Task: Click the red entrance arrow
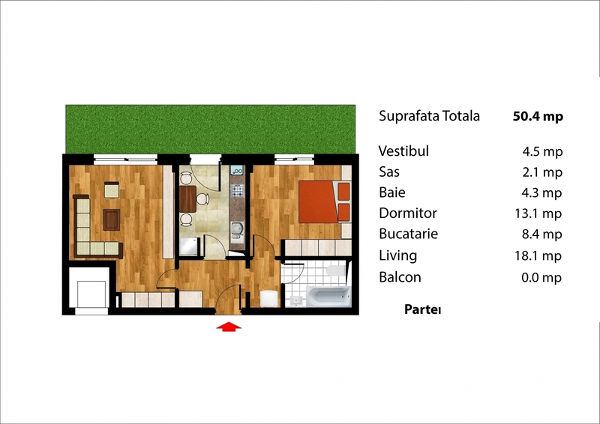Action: point(229,327)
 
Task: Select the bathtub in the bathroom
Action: point(328,297)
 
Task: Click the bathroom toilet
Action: point(336,270)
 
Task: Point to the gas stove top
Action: point(237,190)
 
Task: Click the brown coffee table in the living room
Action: point(111,219)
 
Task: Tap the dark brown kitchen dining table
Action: point(188,199)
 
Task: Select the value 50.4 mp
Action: point(538,116)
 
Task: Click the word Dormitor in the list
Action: point(407,213)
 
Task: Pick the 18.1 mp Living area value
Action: point(538,255)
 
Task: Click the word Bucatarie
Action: point(408,234)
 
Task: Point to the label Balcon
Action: point(400,277)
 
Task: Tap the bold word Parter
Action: point(423,309)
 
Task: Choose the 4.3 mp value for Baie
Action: point(541,193)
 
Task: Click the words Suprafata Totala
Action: point(429,116)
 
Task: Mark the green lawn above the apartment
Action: point(211,130)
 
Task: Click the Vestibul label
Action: point(403,151)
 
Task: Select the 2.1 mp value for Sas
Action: point(542,172)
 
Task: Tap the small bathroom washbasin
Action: point(295,301)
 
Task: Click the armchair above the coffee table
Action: point(111,190)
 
